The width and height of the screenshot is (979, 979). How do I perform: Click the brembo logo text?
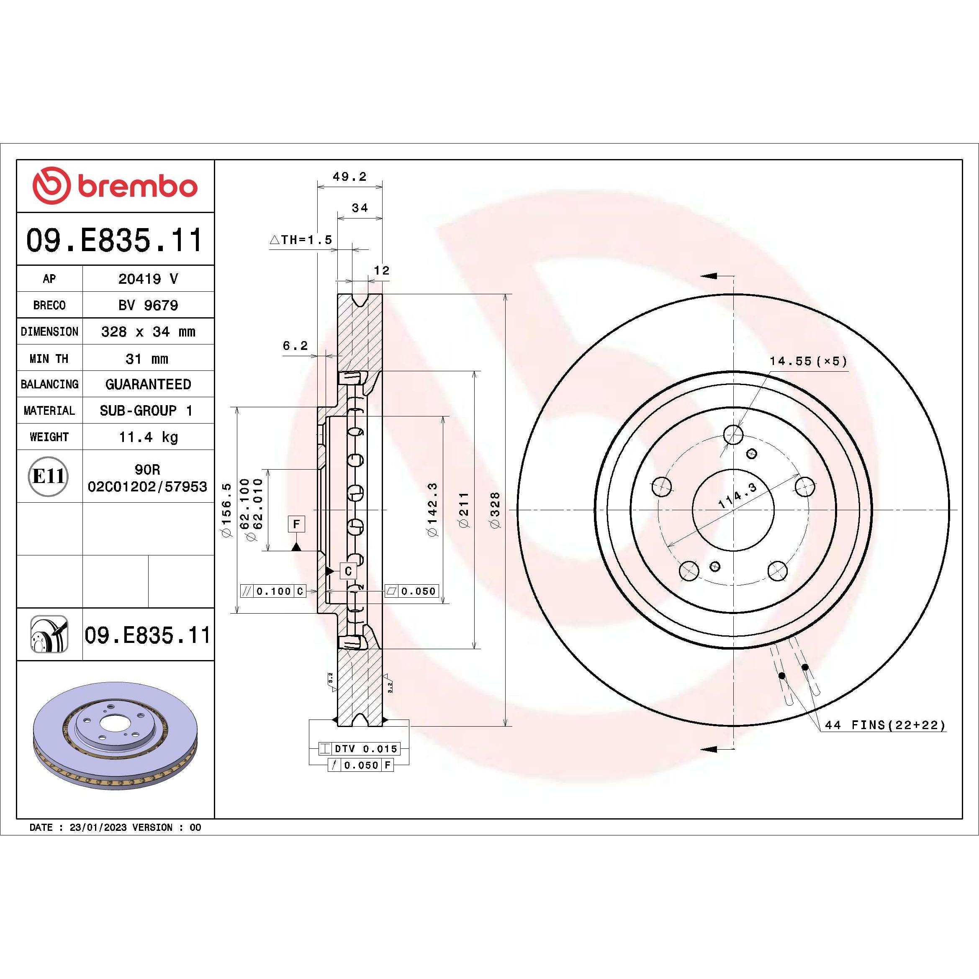(137, 187)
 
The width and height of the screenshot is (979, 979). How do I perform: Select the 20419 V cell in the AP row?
(148, 279)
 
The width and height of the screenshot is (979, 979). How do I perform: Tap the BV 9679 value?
(148, 305)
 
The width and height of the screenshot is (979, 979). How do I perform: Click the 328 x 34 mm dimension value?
(148, 332)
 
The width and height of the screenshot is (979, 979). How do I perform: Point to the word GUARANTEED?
(148, 384)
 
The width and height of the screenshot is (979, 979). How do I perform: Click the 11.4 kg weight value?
(148, 437)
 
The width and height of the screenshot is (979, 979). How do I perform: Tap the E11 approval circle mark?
(48, 476)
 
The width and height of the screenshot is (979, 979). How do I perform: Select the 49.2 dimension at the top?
(349, 177)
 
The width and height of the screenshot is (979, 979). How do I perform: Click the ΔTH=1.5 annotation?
(301, 240)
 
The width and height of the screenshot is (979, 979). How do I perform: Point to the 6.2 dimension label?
(295, 346)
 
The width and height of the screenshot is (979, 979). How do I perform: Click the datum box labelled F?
(296, 524)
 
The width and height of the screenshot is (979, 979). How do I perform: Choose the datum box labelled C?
(348, 571)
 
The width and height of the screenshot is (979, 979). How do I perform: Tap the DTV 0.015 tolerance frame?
(359, 748)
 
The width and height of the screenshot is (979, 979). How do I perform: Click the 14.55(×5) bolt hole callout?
(808, 361)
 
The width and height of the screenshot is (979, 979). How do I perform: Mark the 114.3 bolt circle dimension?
(737, 495)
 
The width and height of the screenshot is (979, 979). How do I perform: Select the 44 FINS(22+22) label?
(885, 725)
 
